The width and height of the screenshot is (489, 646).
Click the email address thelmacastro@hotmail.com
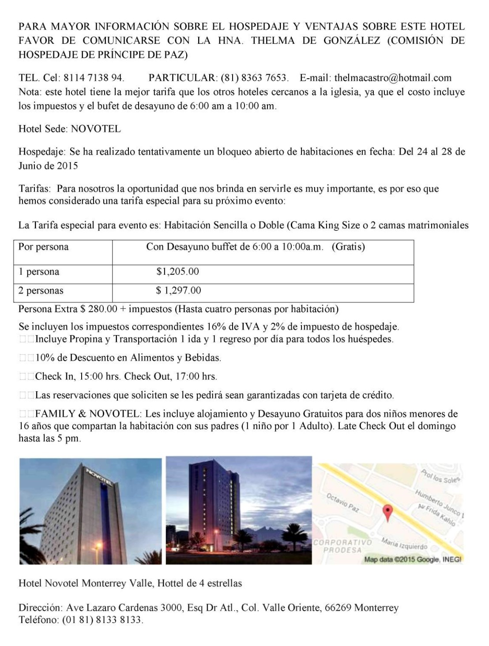pyautogui.click(x=393, y=78)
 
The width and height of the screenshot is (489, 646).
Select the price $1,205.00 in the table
pyautogui.click(x=177, y=272)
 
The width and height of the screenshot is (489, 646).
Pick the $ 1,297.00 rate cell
pyautogui.click(x=178, y=291)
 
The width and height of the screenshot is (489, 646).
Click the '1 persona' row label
pyautogui.click(x=39, y=272)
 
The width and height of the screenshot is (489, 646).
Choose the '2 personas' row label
pyautogui.click(x=41, y=291)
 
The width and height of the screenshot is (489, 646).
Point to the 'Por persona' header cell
pyautogui.click(x=44, y=247)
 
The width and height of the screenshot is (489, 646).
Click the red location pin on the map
pyautogui.click(x=387, y=512)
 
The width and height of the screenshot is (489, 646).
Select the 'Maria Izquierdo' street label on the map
pyautogui.click(x=405, y=544)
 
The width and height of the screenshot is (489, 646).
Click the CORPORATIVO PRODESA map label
pyautogui.click(x=342, y=546)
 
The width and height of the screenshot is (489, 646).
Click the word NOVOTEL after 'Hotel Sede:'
pyautogui.click(x=96, y=129)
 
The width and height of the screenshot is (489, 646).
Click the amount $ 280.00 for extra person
pyautogui.click(x=99, y=309)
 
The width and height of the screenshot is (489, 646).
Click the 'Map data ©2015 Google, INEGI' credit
pyautogui.click(x=413, y=559)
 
